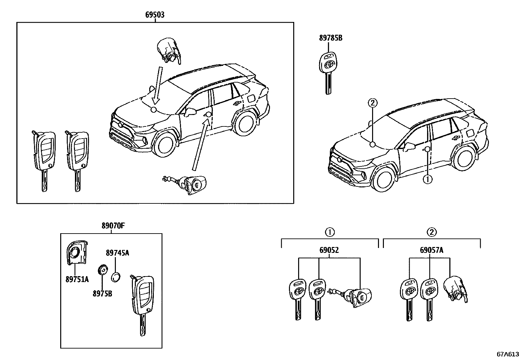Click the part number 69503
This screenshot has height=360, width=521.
pyautogui.click(x=155, y=15)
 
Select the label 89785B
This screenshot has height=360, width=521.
pyautogui.click(x=331, y=38)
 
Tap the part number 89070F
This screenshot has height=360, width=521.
pyautogui.click(x=111, y=226)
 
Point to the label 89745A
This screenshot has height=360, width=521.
pyautogui.click(x=117, y=253)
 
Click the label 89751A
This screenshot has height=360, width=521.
pyautogui.click(x=77, y=279)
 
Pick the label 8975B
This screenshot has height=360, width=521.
pyautogui.click(x=102, y=293)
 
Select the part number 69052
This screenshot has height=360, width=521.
pyautogui.click(x=329, y=251)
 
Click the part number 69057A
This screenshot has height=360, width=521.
pyautogui.click(x=432, y=251)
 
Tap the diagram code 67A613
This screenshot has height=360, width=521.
pyautogui.click(x=508, y=354)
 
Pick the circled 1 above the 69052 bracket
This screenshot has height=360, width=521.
pyautogui.click(x=329, y=232)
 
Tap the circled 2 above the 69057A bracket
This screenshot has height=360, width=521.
pyautogui.click(x=432, y=232)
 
